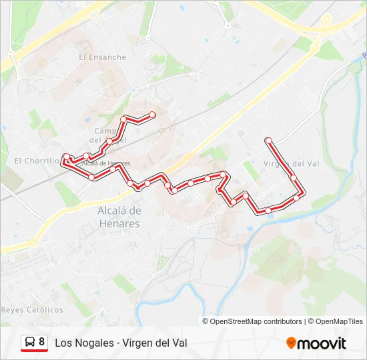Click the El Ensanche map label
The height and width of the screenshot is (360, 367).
tap(102, 57)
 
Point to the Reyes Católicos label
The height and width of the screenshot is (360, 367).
tap(32, 310)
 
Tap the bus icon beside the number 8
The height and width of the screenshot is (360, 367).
tap(30, 343)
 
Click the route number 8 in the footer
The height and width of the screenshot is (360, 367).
tap(42, 342)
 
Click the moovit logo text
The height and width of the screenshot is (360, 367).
tap(322, 343)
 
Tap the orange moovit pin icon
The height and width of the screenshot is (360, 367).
tap(291, 343)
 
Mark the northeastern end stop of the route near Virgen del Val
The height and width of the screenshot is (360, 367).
tap(268, 141)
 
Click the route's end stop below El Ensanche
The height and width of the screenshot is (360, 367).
tap(152, 115)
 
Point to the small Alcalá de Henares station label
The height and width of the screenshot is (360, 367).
tap(105, 163)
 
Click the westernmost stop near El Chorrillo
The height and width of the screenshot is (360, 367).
tap(65, 160)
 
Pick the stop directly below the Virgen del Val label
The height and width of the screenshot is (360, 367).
tap(293, 177)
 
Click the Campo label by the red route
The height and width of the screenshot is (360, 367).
tap(105, 131)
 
